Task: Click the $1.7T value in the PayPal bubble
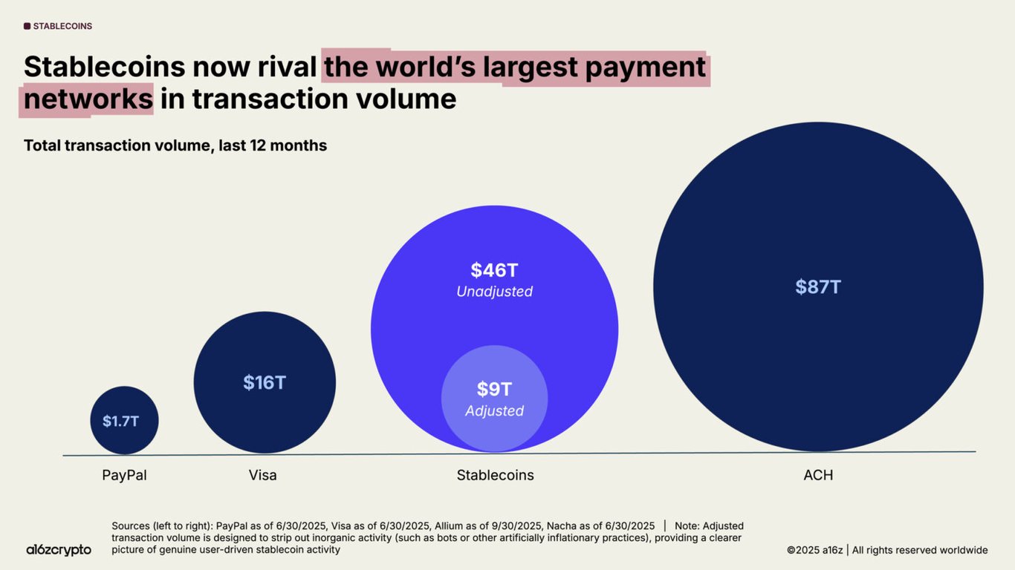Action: click(x=120, y=422)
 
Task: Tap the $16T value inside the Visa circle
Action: click(x=265, y=383)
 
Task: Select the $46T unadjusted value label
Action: click(x=494, y=271)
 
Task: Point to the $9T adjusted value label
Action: click(x=494, y=390)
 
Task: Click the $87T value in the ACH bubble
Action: click(x=818, y=287)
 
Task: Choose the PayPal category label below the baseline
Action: click(x=124, y=475)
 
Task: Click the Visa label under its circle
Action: click(x=263, y=475)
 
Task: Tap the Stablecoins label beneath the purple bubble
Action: click(x=495, y=475)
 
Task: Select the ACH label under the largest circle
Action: click(x=818, y=475)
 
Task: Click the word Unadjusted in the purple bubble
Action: click(x=494, y=292)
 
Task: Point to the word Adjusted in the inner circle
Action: click(x=494, y=411)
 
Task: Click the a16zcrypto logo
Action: click(x=59, y=550)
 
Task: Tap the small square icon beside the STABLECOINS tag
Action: click(x=27, y=26)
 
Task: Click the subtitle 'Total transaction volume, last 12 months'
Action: click(x=175, y=145)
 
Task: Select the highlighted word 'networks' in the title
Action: click(x=88, y=99)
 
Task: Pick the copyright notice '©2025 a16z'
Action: click(x=814, y=550)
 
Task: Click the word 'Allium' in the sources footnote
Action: click(x=450, y=526)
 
